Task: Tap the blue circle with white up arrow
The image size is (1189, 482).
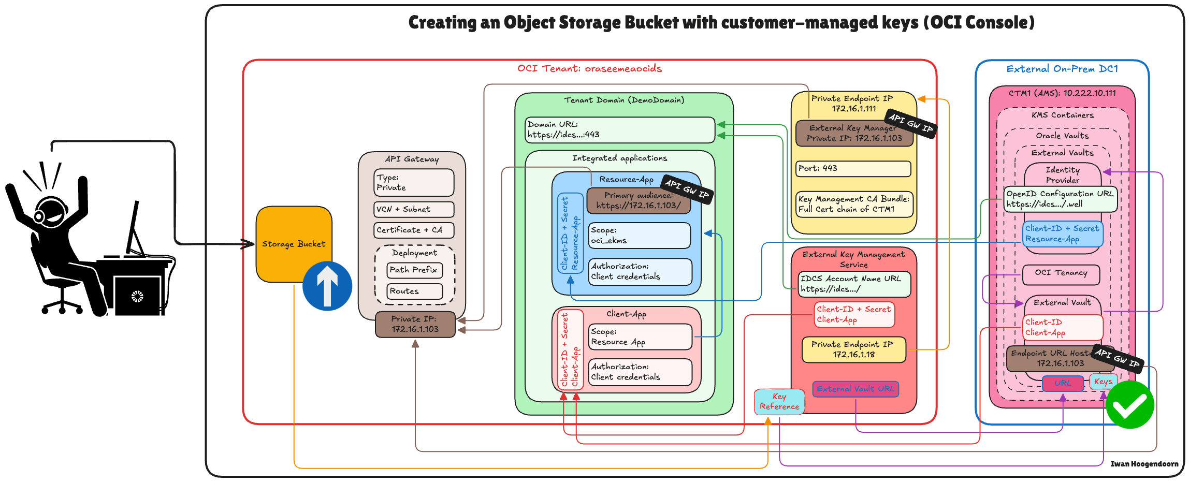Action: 327,286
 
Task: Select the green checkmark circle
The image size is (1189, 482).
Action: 1129,405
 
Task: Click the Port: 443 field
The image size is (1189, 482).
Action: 853,169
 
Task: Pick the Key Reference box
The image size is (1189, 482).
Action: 779,402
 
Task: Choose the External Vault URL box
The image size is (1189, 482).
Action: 855,389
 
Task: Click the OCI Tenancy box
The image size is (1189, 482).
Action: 1061,273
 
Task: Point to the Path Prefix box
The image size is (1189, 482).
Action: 414,270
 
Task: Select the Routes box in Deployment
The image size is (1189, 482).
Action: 415,291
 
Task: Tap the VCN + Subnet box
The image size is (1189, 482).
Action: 413,209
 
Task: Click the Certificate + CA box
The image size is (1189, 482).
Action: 413,230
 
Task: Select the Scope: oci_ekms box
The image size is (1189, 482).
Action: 640,236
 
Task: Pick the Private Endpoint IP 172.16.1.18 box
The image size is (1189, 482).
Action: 853,350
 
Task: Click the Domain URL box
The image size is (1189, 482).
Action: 620,130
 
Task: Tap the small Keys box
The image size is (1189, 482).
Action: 1103,382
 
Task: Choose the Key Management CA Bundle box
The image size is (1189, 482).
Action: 854,204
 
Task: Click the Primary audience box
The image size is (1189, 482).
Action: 639,200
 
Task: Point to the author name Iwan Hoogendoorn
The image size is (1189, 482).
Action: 1144,464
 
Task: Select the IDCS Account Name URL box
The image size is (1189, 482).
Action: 854,284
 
